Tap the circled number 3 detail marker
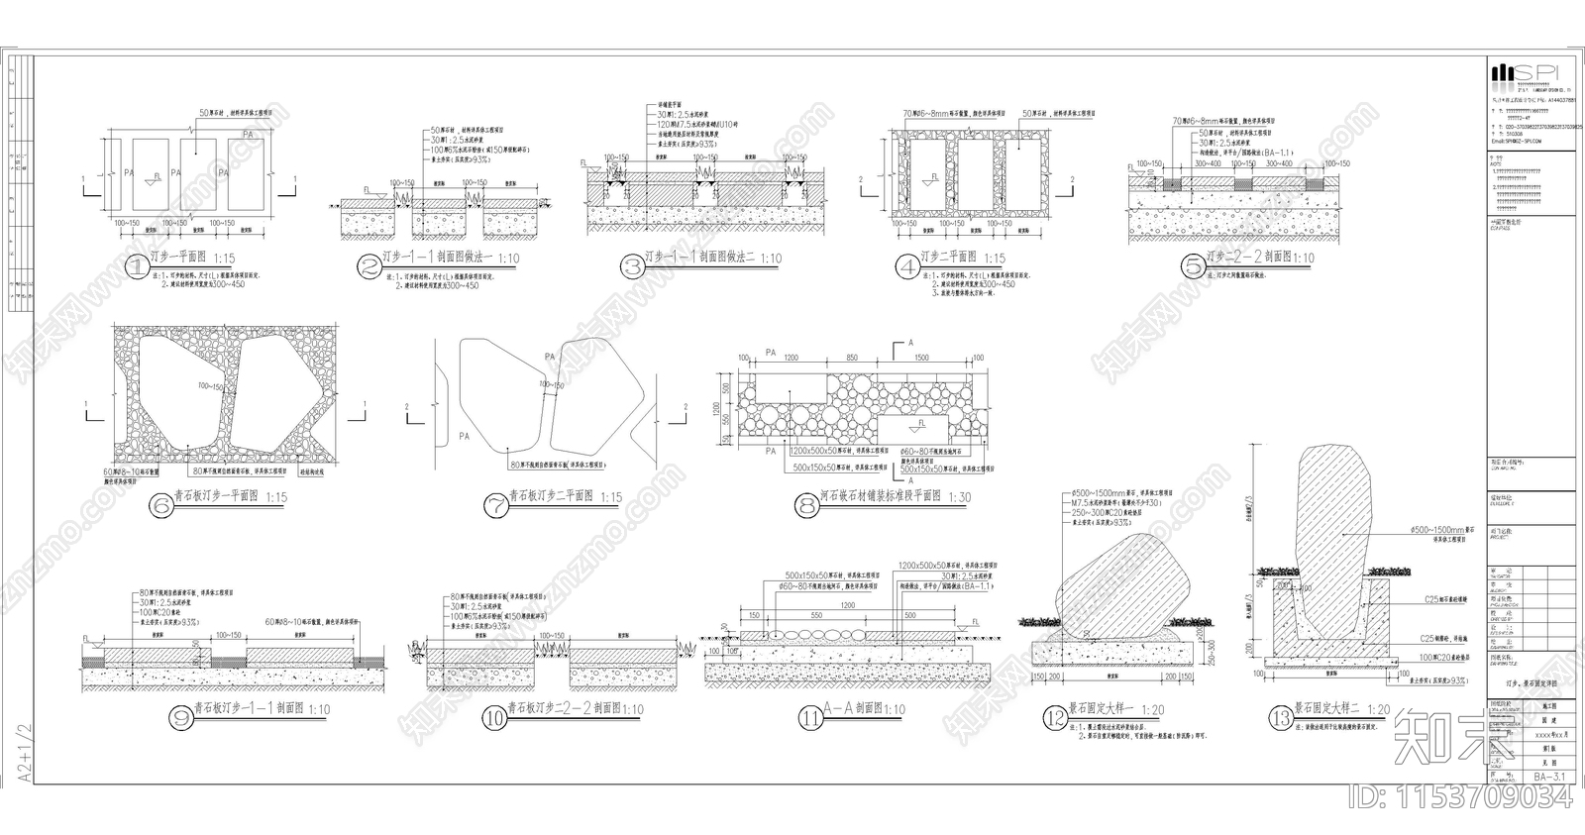(632, 264)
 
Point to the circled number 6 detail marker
(160, 505)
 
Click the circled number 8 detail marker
(806, 505)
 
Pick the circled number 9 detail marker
(180, 717)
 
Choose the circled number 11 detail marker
(811, 717)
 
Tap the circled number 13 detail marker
(1282, 717)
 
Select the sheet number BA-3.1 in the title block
(1551, 778)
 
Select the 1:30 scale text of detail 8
(959, 497)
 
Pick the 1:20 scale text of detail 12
(1153, 709)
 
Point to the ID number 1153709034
(1460, 798)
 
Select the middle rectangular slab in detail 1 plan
(196, 173)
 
